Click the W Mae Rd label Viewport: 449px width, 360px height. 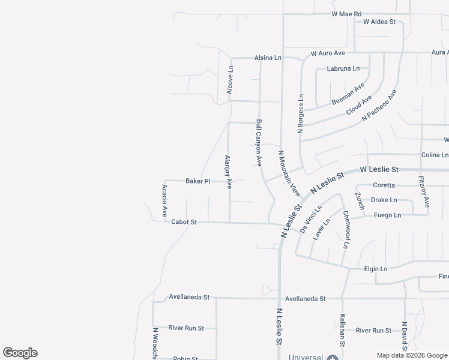click(x=347, y=13)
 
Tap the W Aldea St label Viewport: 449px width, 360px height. click(x=379, y=22)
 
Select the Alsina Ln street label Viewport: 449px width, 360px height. click(x=268, y=58)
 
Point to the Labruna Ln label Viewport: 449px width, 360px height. click(x=343, y=68)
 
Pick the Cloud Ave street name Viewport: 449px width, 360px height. click(x=359, y=105)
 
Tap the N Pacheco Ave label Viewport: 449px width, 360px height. click(x=379, y=107)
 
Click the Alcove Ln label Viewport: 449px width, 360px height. click(x=229, y=79)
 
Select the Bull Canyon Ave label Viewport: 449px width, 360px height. click(x=259, y=142)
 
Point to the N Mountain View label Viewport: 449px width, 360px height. click(x=289, y=173)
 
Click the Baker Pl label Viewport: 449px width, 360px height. click(x=197, y=181)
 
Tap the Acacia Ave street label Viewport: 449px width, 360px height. click(x=164, y=200)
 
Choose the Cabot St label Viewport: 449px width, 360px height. click(x=184, y=222)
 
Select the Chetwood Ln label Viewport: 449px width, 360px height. click(x=346, y=229)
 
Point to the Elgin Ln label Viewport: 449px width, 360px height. click(x=376, y=269)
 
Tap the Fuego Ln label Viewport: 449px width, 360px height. click(x=387, y=215)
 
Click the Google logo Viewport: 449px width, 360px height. click(x=20, y=353)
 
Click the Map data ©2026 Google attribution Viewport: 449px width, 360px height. click(x=412, y=355)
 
